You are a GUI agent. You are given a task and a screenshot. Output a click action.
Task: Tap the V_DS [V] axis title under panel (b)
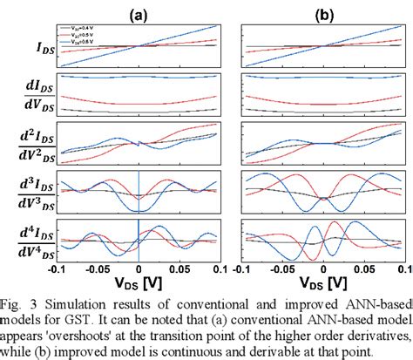(x=323, y=283)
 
